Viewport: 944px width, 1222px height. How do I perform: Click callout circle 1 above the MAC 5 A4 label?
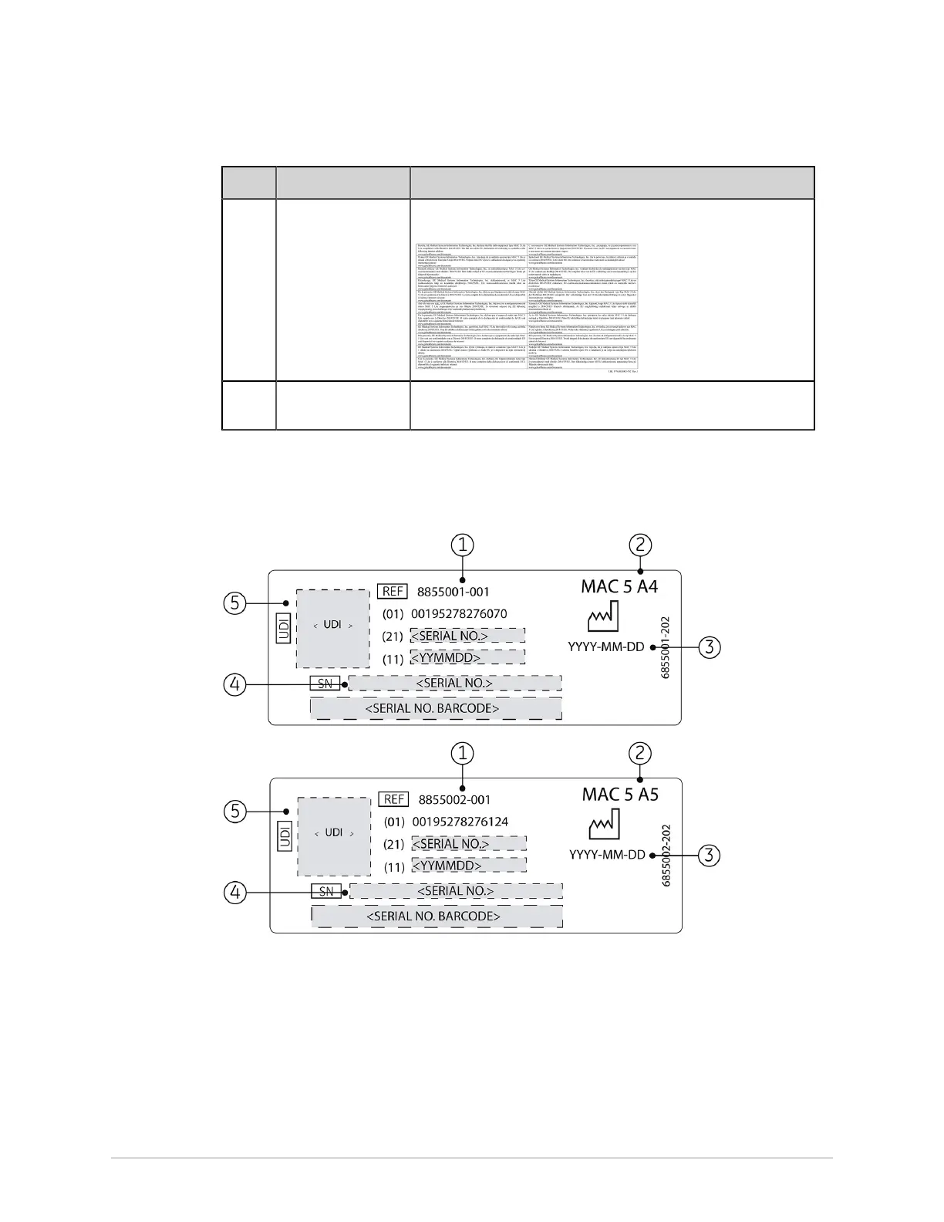coord(462,545)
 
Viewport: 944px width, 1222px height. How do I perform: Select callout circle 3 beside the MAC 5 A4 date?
coord(710,646)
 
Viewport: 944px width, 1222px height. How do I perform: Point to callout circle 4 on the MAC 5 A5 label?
coord(236,892)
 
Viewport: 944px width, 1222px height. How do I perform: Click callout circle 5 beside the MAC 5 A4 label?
coord(236,603)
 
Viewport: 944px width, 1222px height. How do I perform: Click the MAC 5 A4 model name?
coord(619,586)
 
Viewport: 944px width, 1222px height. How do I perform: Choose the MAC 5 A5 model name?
coord(620,794)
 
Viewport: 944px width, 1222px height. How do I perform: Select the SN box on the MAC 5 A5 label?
coord(326,891)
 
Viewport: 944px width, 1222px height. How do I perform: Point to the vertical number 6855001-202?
coord(666,647)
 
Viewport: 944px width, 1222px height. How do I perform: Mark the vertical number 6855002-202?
coord(666,855)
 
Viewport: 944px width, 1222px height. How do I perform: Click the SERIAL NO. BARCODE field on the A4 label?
coord(436,708)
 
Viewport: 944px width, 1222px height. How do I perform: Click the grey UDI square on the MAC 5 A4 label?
coord(333,628)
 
